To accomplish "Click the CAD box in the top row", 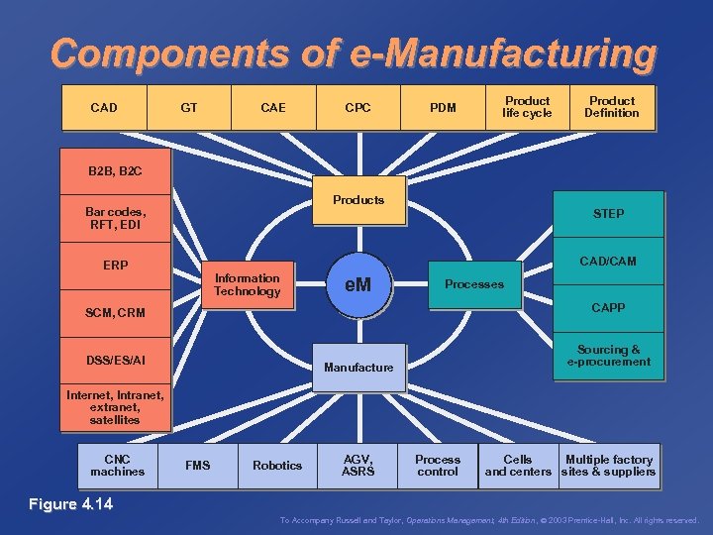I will (104, 108).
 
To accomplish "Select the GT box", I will (188, 108).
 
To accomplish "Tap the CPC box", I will (357, 108).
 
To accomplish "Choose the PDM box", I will (443, 108).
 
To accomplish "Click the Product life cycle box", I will (527, 107).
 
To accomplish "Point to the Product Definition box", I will (611, 107).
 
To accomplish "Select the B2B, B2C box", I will (115, 171).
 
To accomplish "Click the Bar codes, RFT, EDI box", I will (115, 218).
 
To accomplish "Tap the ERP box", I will (115, 266).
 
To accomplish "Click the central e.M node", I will (357, 285).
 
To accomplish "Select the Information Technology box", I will (247, 285).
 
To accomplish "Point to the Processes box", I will (473, 284).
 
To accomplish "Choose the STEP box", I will (608, 214).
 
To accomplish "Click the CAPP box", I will (608, 308).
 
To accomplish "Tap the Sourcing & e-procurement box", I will (608, 356).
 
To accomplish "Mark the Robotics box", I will (277, 466).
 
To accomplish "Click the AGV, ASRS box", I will (357, 466).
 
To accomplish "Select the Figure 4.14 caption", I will (70, 505).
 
